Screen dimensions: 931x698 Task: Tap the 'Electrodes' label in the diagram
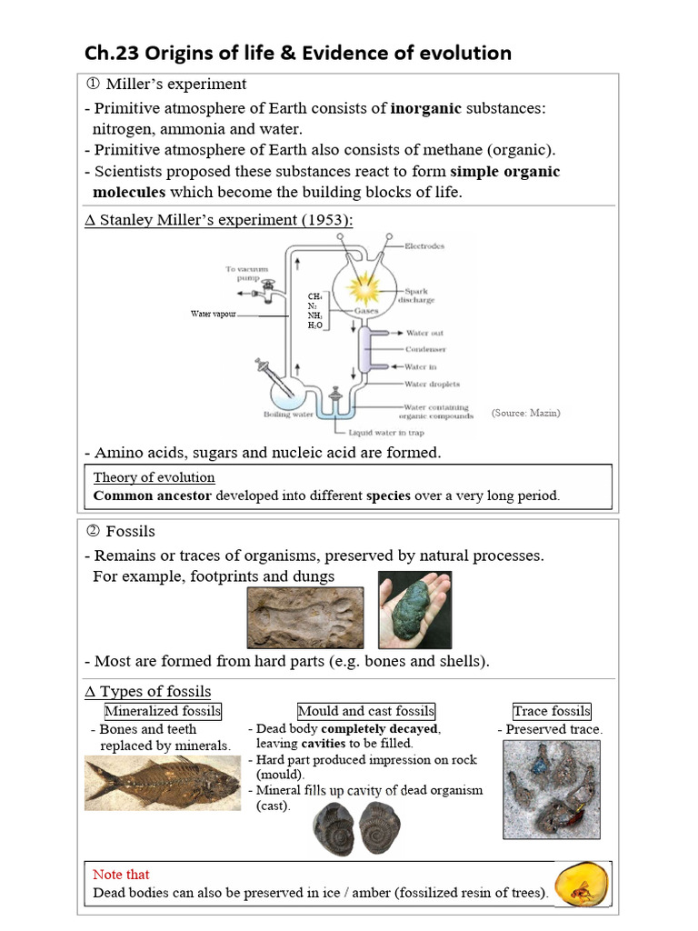point(424,247)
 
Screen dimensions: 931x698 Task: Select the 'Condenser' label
point(425,349)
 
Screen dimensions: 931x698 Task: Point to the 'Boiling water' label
point(288,415)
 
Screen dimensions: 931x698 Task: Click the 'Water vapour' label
point(213,314)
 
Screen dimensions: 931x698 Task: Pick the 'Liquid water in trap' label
point(385,433)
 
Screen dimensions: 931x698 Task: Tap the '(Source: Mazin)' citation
point(525,413)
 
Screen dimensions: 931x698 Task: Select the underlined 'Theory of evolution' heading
point(154,477)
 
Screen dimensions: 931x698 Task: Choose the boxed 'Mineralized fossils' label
point(163,711)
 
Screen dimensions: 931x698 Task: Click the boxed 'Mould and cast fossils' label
point(366,711)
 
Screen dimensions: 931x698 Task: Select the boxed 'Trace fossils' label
point(551,711)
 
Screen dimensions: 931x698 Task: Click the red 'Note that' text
point(121,875)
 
